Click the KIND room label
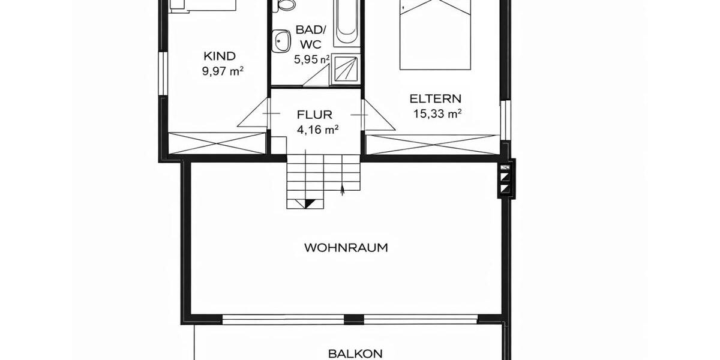[x=219, y=56]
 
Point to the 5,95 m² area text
[x=311, y=59]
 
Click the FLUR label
[x=314, y=114]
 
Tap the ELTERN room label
[x=435, y=99]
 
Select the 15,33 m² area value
[x=437, y=113]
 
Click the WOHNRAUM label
[x=346, y=247]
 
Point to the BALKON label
[x=355, y=354]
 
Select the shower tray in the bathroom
[x=346, y=68]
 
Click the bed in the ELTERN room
[x=435, y=33]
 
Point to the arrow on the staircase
[x=342, y=190]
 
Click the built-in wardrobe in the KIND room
[x=216, y=143]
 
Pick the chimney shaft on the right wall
[x=506, y=179]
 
